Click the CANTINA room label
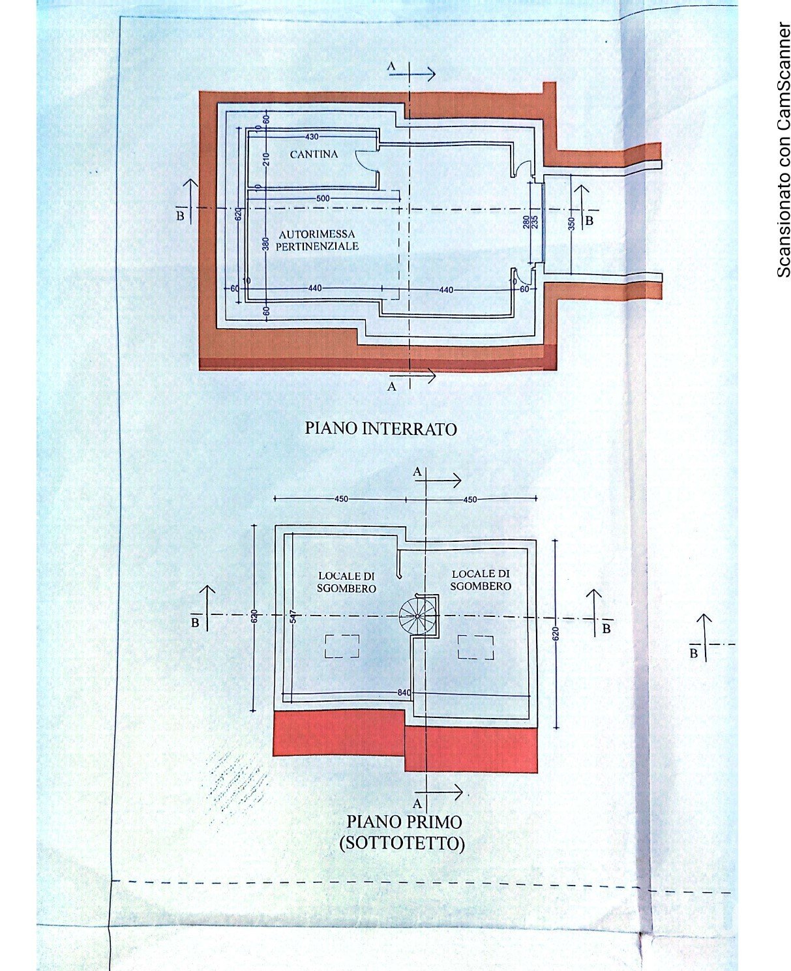[314, 155]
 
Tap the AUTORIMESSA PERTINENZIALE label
[317, 240]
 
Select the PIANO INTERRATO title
[381, 428]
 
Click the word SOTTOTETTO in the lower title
[402, 843]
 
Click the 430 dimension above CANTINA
[312, 137]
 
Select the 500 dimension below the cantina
[323, 198]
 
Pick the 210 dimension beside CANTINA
[266, 158]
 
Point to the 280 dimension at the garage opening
[526, 222]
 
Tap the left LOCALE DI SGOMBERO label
[346, 582]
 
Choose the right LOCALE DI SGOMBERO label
[481, 580]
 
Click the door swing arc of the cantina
[363, 160]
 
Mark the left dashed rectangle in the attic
[342, 646]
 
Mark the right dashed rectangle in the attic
[475, 648]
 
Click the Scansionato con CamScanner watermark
[783, 150]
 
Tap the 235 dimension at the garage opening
[535, 222]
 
